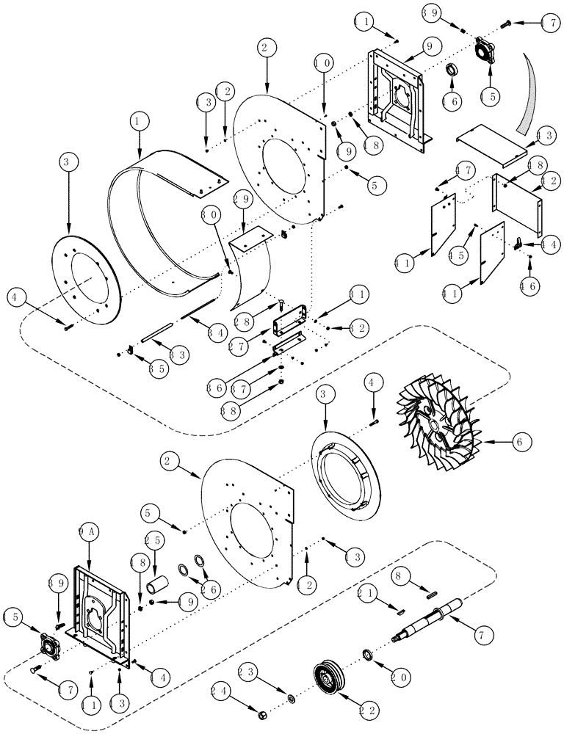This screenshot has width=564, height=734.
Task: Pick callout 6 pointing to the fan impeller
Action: tap(519, 442)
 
